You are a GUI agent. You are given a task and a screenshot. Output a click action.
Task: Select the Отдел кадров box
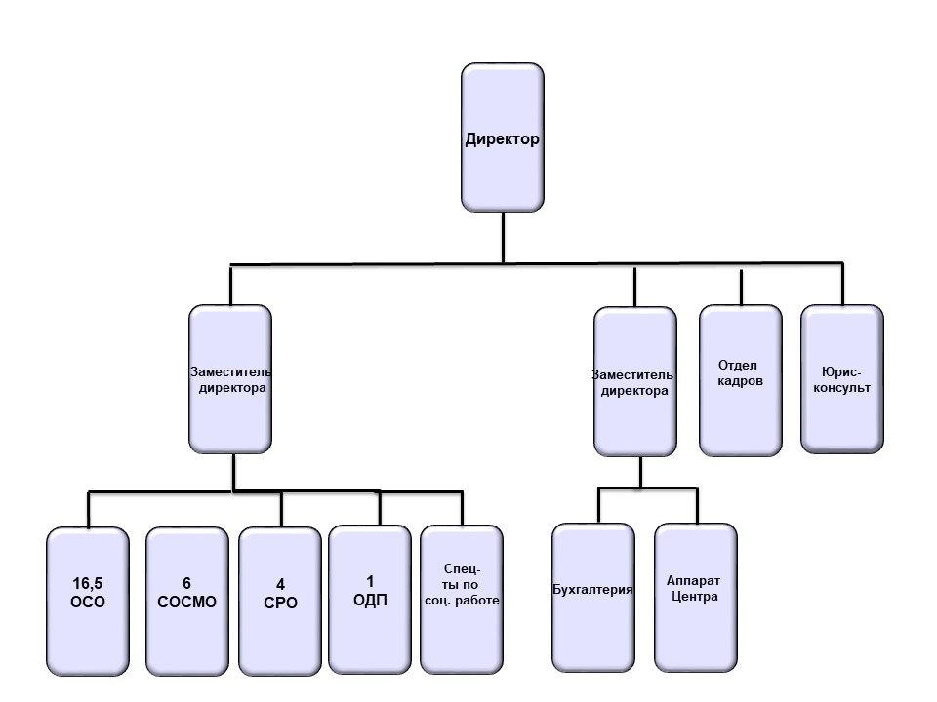(x=741, y=379)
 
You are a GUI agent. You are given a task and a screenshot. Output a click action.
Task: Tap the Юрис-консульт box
(x=842, y=379)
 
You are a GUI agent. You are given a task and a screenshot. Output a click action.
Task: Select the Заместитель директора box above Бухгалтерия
(x=634, y=380)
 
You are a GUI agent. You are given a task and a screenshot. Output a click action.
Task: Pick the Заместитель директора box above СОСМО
(x=230, y=378)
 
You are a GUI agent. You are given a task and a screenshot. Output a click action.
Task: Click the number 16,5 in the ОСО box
(x=87, y=584)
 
